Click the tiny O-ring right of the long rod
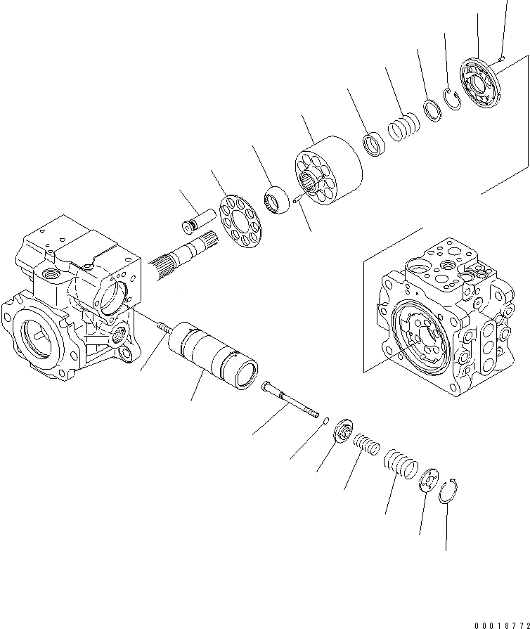(326, 422)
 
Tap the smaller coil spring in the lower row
(366, 446)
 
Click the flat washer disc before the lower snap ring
(428, 482)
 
